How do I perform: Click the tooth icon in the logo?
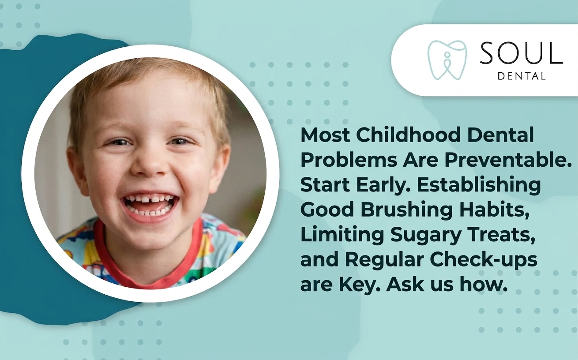447,60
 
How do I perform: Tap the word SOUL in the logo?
522,54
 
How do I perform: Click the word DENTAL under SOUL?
521,76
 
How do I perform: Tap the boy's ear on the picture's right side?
221,165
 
